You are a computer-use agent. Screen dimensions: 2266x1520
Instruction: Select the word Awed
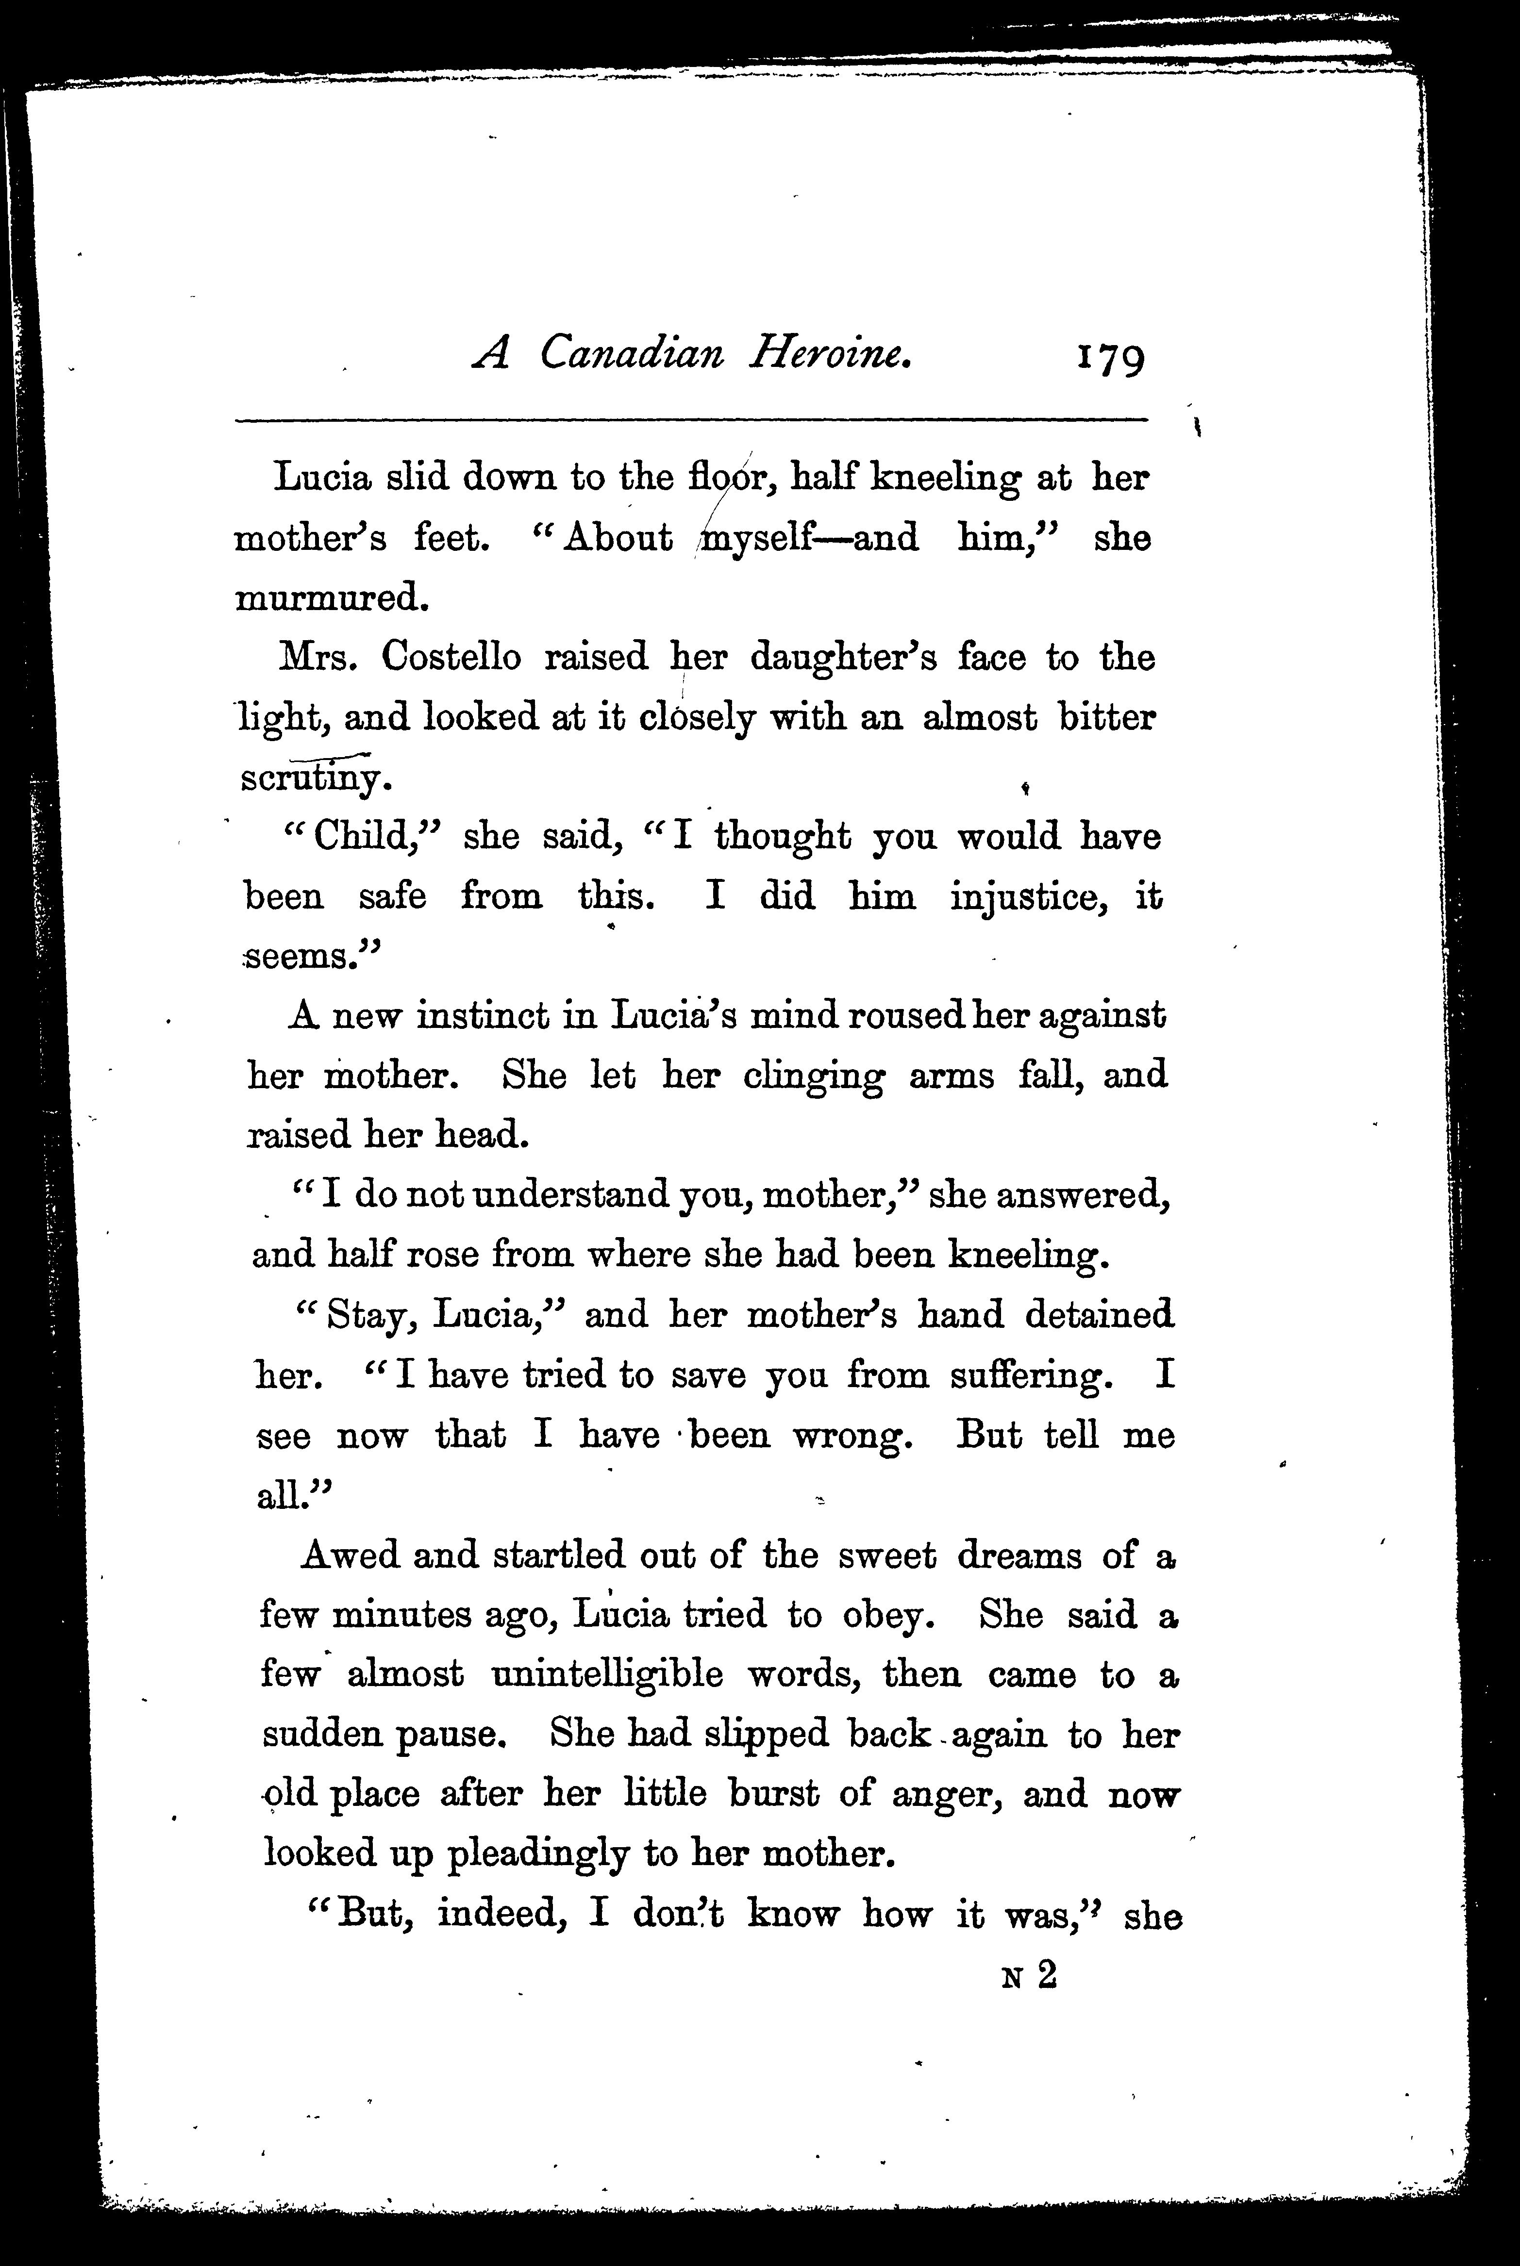pyautogui.click(x=349, y=1555)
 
